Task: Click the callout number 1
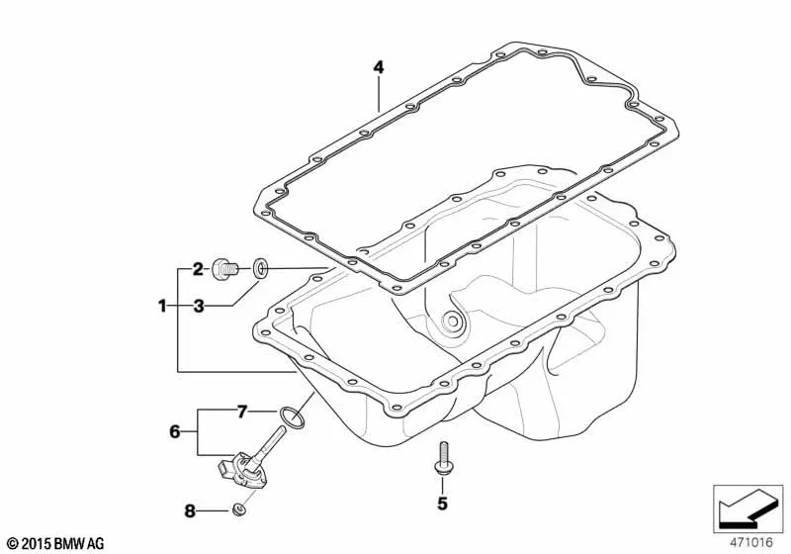pos(162,306)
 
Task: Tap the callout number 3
pos(199,306)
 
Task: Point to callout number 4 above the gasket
pos(379,67)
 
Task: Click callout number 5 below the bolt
pos(442,503)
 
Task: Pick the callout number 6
pos(175,431)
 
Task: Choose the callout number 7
pos(242,412)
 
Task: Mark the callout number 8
pos(190,511)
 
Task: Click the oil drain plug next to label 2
pos(224,269)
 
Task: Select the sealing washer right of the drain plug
pos(260,268)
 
